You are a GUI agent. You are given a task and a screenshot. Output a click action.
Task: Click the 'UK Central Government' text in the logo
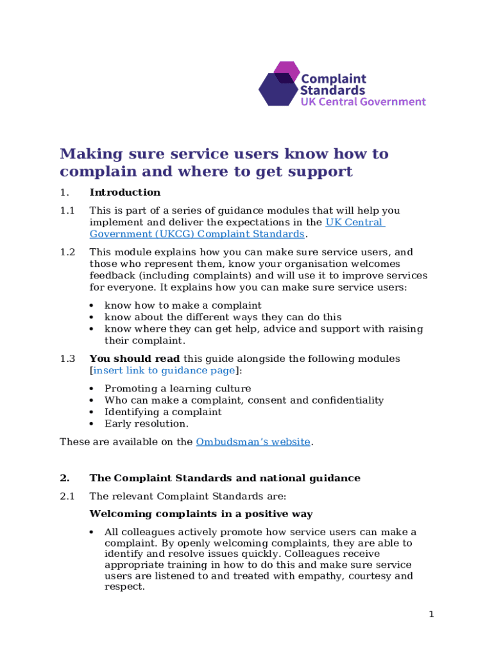pyautogui.click(x=363, y=101)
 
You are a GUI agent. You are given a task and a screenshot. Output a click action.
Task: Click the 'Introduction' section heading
pyautogui.click(x=125, y=192)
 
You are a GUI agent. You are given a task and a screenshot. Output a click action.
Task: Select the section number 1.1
pyautogui.click(x=67, y=210)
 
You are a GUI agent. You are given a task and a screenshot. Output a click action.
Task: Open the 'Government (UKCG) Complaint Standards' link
pyautogui.click(x=196, y=234)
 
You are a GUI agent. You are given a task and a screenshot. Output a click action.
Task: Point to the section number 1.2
pyautogui.click(x=67, y=252)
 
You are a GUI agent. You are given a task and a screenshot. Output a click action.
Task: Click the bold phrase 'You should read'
pyautogui.click(x=135, y=359)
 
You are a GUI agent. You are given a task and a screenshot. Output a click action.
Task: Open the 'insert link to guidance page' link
pyautogui.click(x=163, y=370)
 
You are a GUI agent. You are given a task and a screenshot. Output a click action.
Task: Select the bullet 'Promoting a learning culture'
pyautogui.click(x=178, y=389)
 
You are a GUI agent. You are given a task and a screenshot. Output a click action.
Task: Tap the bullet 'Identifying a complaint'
pyautogui.click(x=163, y=412)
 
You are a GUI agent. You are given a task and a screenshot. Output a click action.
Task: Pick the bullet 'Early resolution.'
pyautogui.click(x=146, y=423)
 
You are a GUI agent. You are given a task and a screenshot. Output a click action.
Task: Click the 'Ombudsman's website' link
pyautogui.click(x=253, y=441)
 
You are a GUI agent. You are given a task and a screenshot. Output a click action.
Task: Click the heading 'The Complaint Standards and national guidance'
pyautogui.click(x=225, y=478)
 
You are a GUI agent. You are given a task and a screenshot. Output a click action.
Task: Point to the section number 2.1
pyautogui.click(x=67, y=496)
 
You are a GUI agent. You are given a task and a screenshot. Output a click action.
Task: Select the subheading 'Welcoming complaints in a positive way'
pyautogui.click(x=201, y=514)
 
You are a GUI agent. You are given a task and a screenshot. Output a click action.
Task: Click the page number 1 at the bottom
pyautogui.click(x=432, y=615)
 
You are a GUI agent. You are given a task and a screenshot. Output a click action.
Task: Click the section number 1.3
pyautogui.click(x=67, y=359)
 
